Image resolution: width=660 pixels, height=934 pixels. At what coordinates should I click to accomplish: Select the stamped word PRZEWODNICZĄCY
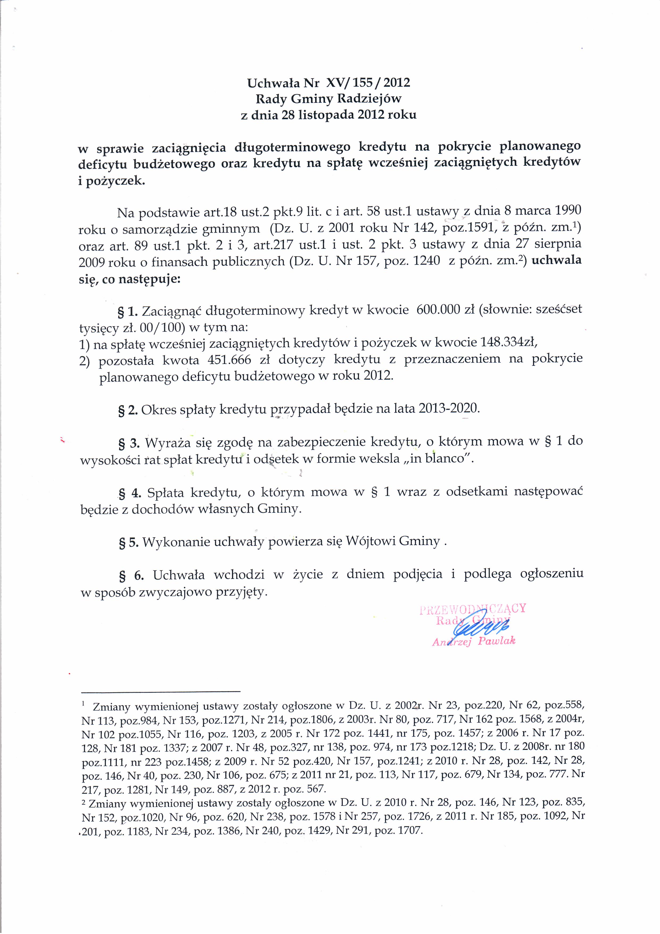click(473, 609)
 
